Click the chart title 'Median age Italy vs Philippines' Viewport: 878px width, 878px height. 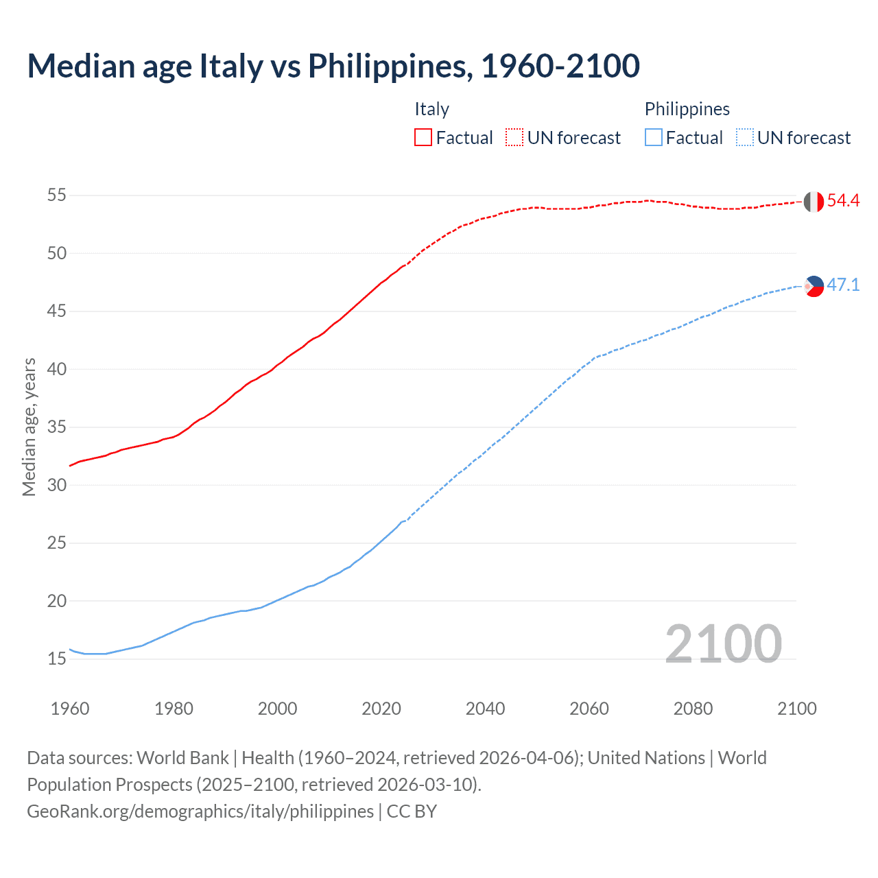333,66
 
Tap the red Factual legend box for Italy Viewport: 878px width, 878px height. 423,138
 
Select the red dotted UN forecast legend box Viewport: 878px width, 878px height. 514,138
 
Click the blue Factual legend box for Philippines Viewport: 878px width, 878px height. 654,138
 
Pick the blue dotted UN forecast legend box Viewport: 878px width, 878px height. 745,138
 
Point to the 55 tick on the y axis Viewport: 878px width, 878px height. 57,195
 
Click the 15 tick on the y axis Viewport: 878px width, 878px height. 57,659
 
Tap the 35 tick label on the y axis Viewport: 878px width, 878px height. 57,427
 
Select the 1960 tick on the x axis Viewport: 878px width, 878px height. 70,709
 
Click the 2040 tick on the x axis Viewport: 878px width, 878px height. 485,709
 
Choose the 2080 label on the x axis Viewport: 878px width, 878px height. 693,709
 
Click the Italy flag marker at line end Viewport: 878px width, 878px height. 814,202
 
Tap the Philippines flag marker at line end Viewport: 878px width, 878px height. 814,286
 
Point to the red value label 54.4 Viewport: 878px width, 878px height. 843,201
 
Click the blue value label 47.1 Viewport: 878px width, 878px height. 843,285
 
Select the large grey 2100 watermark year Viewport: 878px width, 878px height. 723,644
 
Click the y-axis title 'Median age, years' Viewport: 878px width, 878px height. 29,427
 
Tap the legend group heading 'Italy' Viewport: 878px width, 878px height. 431,109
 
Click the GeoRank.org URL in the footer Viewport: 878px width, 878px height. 200,811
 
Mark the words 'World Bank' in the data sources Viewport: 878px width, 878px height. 182,758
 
